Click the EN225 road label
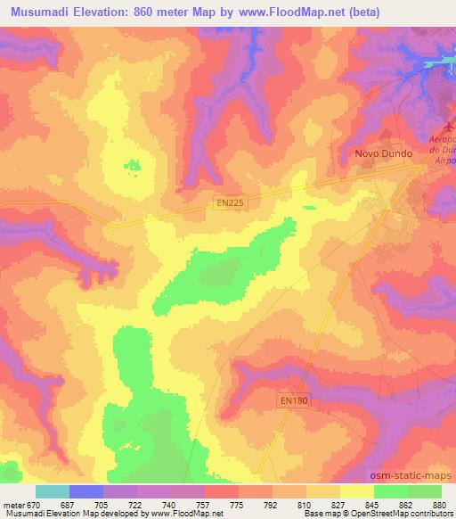[230, 203]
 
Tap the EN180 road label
[290, 401]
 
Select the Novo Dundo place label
[383, 153]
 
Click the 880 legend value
[439, 505]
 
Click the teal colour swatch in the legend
[53, 491]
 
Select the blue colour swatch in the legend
[86, 491]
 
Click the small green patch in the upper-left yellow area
[133, 165]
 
